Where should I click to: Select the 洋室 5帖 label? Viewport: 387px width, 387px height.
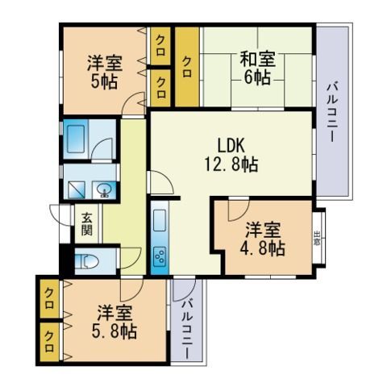click(102, 70)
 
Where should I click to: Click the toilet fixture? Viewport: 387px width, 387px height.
click(87, 260)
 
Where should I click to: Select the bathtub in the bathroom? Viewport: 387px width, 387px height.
click(77, 139)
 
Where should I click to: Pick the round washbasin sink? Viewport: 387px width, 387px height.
click(104, 190)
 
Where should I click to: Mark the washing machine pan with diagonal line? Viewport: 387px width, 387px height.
click(77, 189)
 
